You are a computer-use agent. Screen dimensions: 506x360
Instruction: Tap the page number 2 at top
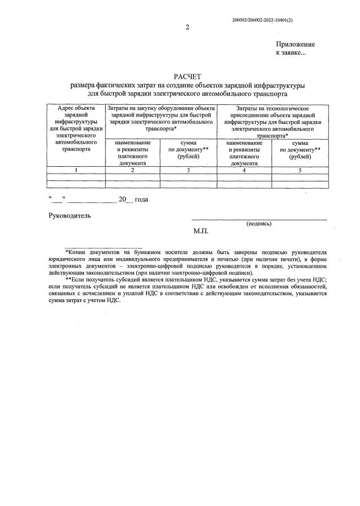pos(186,28)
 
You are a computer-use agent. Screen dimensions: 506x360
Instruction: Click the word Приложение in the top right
pos(295,45)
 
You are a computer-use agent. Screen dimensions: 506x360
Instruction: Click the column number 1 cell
pos(76,170)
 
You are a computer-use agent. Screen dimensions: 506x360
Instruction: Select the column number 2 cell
pos(133,170)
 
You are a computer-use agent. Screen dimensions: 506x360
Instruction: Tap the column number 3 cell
pos(189,170)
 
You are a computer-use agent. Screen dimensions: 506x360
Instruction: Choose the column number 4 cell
pos(244,170)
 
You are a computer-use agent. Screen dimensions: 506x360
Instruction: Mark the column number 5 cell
pos(300,170)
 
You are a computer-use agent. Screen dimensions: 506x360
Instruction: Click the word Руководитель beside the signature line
pos(68,215)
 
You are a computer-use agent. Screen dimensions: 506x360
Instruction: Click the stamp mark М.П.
pos(201,231)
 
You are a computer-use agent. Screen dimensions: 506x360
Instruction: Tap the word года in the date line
pos(141,199)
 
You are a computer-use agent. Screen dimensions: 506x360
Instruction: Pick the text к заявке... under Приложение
pos(291,53)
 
